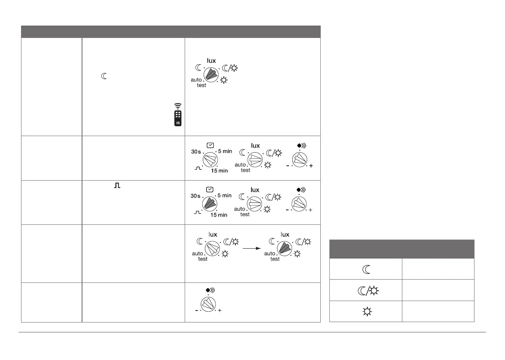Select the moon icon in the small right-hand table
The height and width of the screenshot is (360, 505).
pos(366,269)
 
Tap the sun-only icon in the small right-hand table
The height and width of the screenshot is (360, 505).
pos(366,311)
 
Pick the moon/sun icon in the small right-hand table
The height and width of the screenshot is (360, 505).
pos(366,290)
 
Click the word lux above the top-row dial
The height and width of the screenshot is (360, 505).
pos(211,61)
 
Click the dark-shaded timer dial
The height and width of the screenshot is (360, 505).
pos(210,204)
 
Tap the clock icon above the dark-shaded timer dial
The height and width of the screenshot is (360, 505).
pos(211,190)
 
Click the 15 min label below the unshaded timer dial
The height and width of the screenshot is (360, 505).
pos(219,171)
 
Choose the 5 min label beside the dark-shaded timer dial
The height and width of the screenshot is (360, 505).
pos(224,195)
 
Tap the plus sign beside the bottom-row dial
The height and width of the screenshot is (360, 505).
pos(219,311)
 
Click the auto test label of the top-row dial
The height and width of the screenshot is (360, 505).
pos(199,83)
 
